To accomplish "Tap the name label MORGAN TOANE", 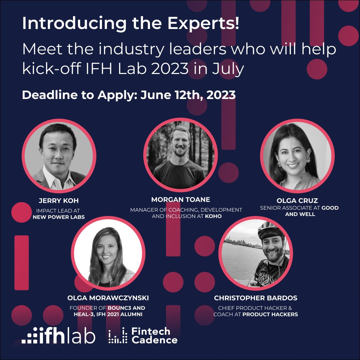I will pos(181,199).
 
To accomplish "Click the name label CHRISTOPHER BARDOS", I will pos(256,298).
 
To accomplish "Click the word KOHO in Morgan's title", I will pos(214,216).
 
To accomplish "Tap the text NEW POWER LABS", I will pos(59,217).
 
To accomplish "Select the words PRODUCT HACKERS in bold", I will pos(270,314).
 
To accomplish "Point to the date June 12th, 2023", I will pos(188,95).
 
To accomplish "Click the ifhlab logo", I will pos(59,336).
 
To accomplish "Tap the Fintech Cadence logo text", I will pos(154,336).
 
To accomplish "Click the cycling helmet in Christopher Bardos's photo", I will pos(271,231).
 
